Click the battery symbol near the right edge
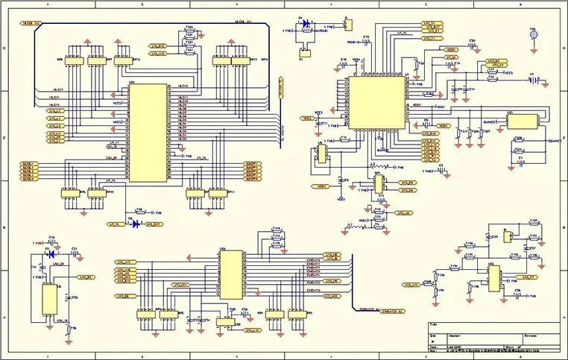click(x=532, y=80)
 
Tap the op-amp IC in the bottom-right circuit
click(x=493, y=278)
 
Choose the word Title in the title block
click(x=434, y=326)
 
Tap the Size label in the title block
click(x=434, y=335)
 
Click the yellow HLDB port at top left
click(x=31, y=24)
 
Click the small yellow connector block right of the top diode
click(x=347, y=25)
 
